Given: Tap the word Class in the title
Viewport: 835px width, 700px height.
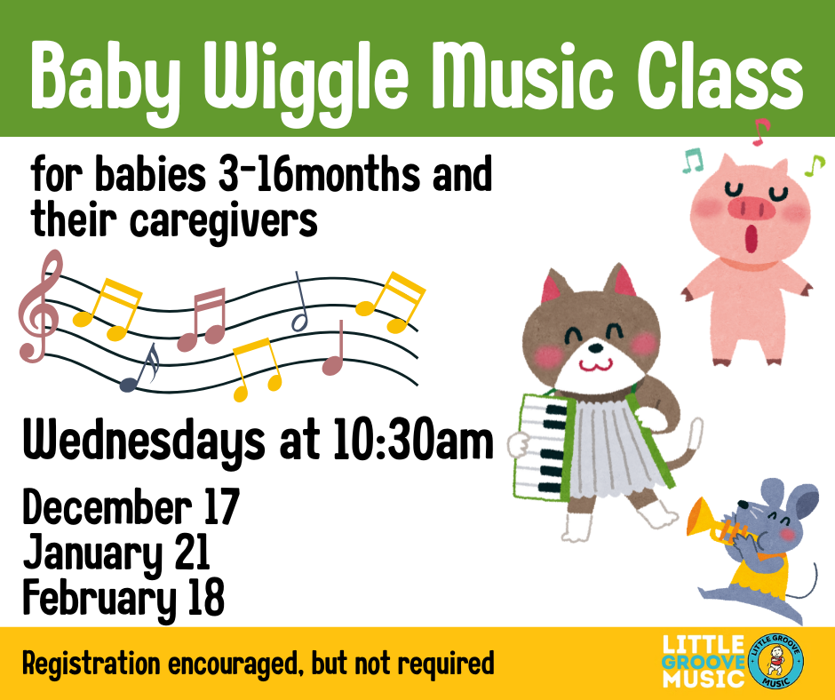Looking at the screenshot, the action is pyautogui.click(x=720, y=75).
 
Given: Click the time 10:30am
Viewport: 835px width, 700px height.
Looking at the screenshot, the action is pyautogui.click(x=414, y=440).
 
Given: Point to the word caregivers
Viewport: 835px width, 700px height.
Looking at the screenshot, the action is pyautogui.click(x=224, y=221).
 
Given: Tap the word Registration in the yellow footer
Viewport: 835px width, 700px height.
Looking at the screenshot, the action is pyautogui.click(x=91, y=664).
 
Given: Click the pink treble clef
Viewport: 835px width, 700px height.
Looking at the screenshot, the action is pyautogui.click(x=39, y=306).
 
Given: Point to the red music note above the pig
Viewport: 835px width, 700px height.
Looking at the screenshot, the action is pyautogui.click(x=761, y=131).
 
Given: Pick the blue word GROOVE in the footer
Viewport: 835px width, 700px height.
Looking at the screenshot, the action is pyautogui.click(x=703, y=663).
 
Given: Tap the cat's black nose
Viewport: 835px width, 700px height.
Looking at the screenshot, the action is pyautogui.click(x=596, y=348).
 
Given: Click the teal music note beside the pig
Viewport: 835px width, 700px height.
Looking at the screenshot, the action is pyautogui.click(x=693, y=161).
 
